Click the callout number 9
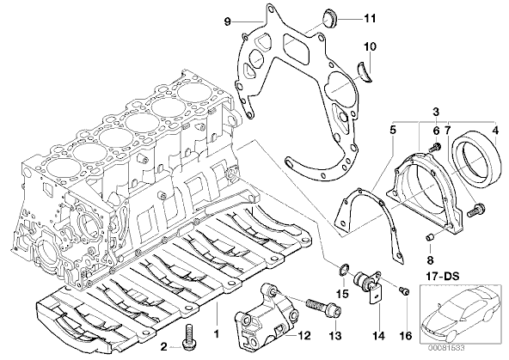coord(227,21)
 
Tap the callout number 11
coord(370,19)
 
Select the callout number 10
coord(370,46)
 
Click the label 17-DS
coord(443,277)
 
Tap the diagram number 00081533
coord(446,348)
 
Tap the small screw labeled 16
coord(405,291)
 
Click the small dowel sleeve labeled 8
coord(430,238)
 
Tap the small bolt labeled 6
coord(435,148)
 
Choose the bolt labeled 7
coord(475,210)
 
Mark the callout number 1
coord(217,333)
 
